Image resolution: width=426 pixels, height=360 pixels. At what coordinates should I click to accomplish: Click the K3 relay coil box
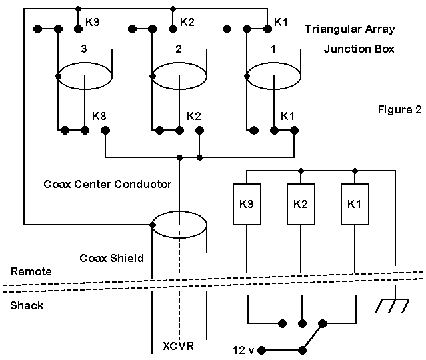pyautogui.click(x=247, y=203)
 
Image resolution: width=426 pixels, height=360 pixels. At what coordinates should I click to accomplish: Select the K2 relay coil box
pyautogui.click(x=301, y=203)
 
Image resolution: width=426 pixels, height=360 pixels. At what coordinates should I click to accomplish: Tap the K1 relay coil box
pyautogui.click(x=354, y=203)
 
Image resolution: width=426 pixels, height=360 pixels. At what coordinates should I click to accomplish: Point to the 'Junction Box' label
pyautogui.click(x=359, y=49)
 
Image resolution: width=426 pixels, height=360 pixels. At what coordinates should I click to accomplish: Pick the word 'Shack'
pyautogui.click(x=26, y=305)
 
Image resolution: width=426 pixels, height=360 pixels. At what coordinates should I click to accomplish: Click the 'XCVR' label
pyautogui.click(x=179, y=346)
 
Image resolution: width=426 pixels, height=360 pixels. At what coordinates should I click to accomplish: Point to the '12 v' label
pyautogui.click(x=244, y=349)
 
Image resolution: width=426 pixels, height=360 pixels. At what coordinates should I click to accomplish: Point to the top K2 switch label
pyautogui.click(x=187, y=22)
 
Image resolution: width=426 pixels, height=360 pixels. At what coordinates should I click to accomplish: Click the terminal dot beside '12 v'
pyautogui.click(x=262, y=349)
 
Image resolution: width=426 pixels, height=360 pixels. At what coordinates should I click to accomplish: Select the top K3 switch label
pyautogui.click(x=93, y=22)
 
